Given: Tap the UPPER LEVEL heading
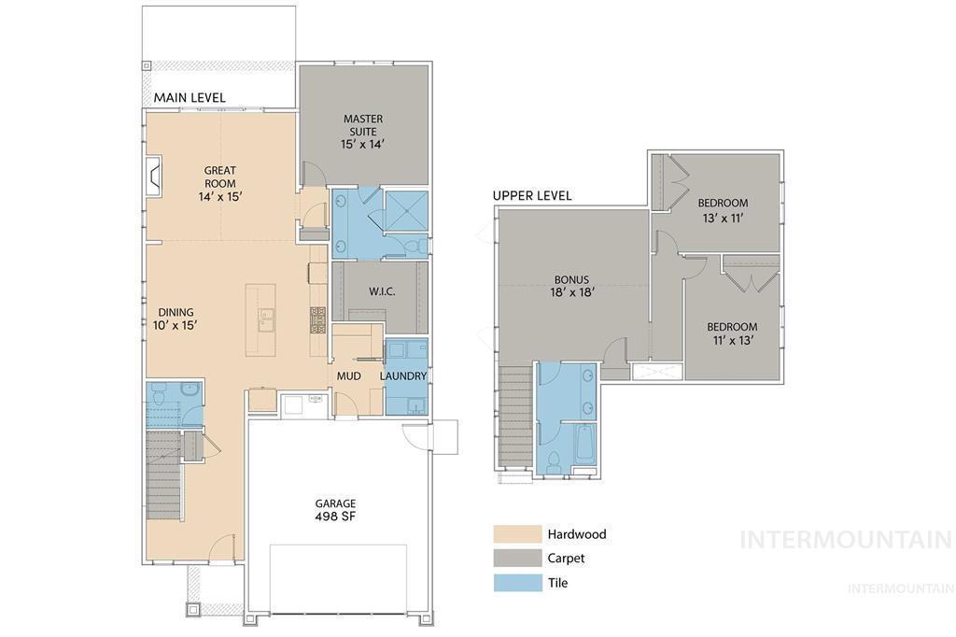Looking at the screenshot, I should (532, 196).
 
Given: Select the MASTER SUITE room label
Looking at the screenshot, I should (363, 132).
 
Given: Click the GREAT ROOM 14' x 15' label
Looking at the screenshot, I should (220, 184).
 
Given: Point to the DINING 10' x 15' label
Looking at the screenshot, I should (176, 318).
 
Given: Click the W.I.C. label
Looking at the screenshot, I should (382, 291).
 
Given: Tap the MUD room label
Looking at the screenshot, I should (349, 376).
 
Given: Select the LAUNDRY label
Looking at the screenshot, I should (403, 376).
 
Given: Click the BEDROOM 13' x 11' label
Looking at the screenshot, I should (723, 210).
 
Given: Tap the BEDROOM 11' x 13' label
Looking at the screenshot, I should (732, 333).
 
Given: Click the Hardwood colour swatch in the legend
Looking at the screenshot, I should (517, 534).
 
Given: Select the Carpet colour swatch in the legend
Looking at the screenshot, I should (517, 559).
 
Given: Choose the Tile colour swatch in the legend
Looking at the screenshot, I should (517, 583).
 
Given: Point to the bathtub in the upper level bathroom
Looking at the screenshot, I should (584, 442).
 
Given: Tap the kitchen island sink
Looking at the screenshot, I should (265, 320).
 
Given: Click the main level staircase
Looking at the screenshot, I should (164, 476).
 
